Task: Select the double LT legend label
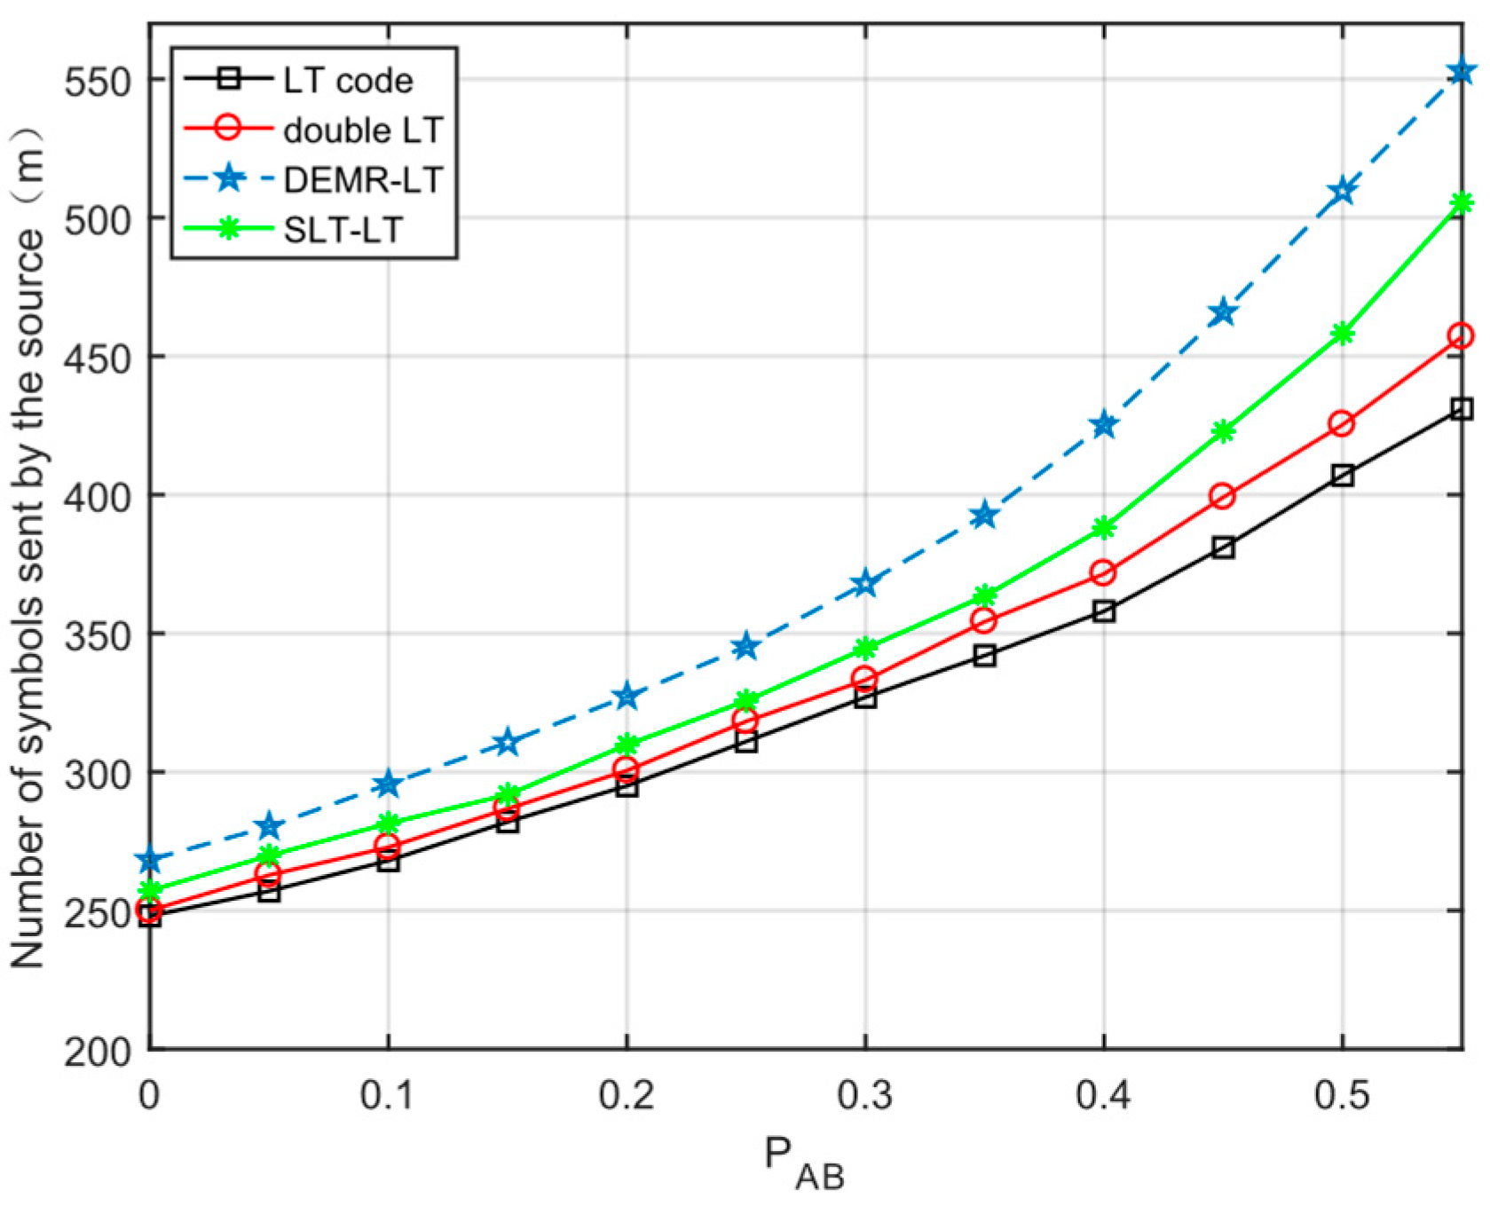362,130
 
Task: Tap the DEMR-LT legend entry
362,180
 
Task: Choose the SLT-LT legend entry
343,230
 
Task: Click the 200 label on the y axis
99,1052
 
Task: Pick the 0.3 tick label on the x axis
864,1096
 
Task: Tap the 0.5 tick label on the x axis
1342,1096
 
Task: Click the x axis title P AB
804,1163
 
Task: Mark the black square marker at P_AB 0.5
1343,476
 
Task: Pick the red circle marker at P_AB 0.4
1103,572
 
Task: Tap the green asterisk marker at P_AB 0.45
1223,431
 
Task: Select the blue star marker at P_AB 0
150,860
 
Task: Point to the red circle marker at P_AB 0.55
1461,336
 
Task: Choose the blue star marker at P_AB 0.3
865,584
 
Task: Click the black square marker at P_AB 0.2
627,785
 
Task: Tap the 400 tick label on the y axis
99,496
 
